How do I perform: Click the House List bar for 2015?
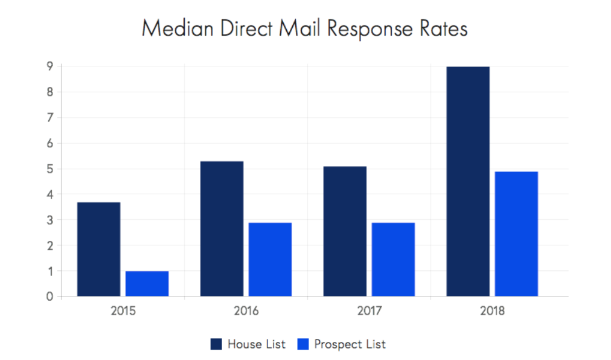[x=98, y=249]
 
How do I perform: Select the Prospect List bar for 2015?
[x=147, y=283]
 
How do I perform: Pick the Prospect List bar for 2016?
[x=270, y=259]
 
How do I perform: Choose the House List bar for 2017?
[x=345, y=231]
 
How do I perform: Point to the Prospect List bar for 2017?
[x=393, y=259]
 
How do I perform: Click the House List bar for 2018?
[x=468, y=181]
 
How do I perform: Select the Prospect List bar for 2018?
[x=516, y=234]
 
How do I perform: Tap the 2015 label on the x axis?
[x=123, y=312]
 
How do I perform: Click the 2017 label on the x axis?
[x=369, y=312]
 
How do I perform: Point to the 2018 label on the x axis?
[x=492, y=312]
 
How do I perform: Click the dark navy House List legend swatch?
[x=216, y=344]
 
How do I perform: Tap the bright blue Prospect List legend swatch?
[x=303, y=344]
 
